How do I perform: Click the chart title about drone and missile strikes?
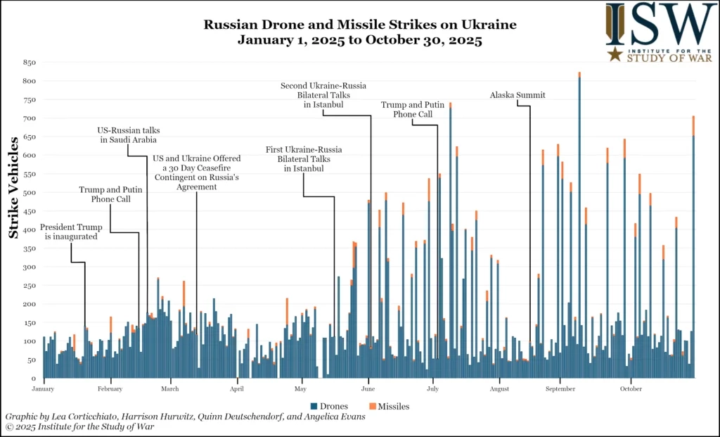359,32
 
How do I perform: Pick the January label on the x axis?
43,388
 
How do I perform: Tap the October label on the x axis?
631,388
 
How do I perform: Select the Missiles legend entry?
388,406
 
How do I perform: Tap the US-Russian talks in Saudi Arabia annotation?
127,135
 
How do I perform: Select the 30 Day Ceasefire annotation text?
196,168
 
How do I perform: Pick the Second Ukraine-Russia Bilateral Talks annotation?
323,95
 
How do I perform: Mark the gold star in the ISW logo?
615,54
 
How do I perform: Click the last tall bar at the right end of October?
693,246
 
